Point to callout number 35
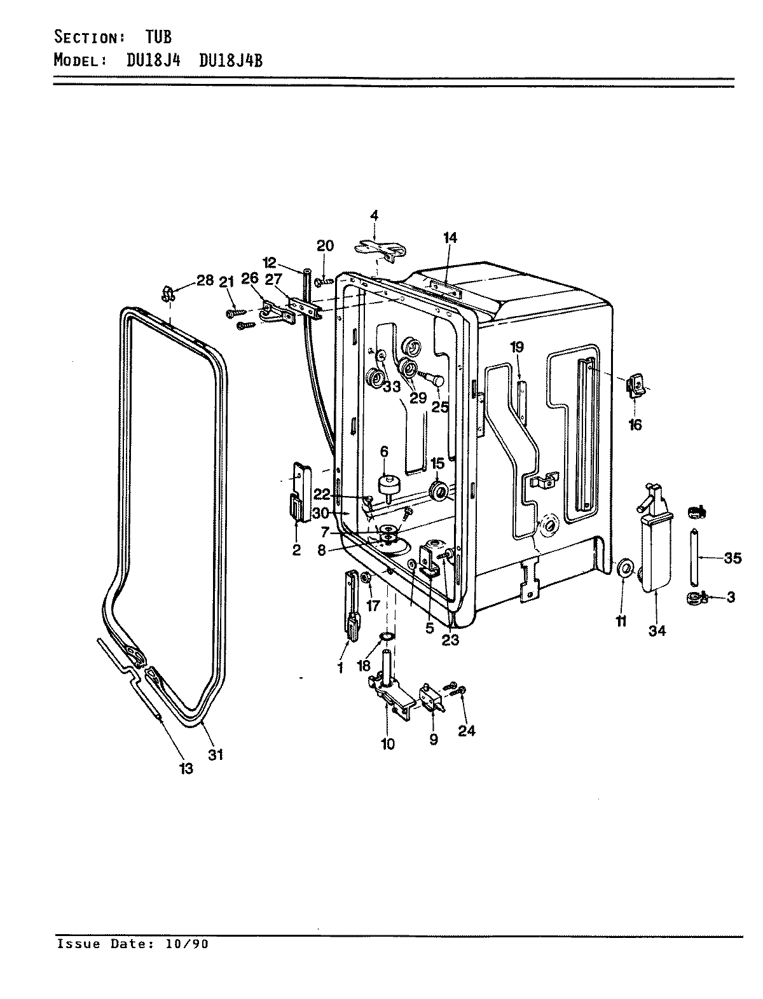tap(732, 558)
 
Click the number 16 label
tap(635, 425)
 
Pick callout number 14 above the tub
tap(450, 238)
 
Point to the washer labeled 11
tap(625, 567)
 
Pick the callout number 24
tap(467, 731)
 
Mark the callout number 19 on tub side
tap(516, 347)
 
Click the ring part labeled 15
tap(438, 492)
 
